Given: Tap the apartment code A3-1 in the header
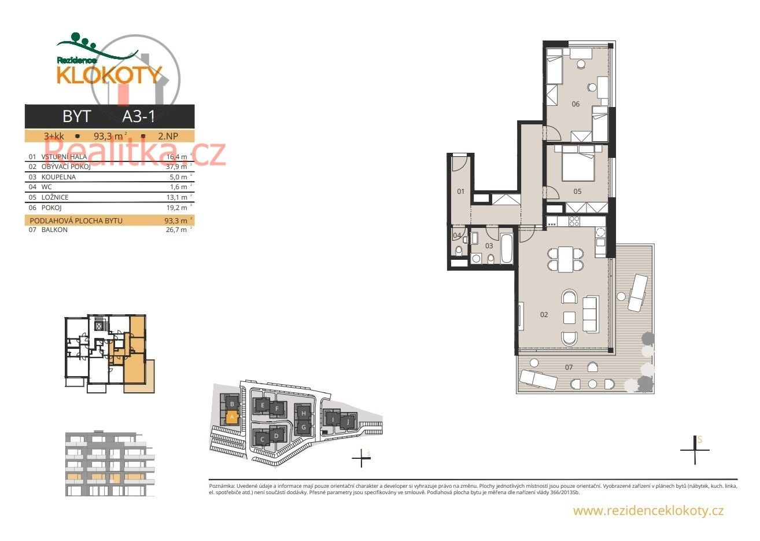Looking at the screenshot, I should click(139, 116).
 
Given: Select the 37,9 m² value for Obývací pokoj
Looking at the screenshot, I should click(175, 167).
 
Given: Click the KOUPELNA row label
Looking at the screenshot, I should click(58, 177).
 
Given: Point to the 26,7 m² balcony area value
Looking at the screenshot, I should click(175, 230).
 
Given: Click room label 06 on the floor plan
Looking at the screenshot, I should click(575, 104).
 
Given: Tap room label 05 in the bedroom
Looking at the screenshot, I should click(577, 192).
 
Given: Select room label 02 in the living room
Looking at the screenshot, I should click(544, 315).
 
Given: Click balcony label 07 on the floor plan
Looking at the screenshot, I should click(569, 367).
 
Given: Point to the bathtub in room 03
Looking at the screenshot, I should click(506, 248).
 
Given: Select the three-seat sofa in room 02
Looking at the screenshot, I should click(591, 314).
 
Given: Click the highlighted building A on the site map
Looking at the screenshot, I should click(231, 416).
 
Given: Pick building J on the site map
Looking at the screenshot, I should click(347, 422).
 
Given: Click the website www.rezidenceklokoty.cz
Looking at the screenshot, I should click(648, 510).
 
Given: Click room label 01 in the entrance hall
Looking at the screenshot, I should click(461, 192).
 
